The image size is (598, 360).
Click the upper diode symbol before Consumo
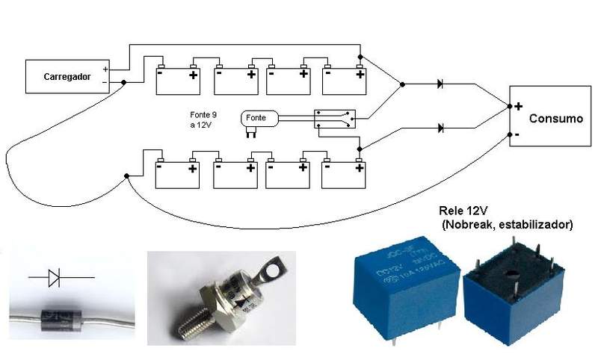click(x=440, y=84)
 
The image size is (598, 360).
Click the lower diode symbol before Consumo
click(x=440, y=128)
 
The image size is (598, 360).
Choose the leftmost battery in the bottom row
click(x=178, y=173)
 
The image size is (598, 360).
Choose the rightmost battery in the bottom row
click(x=345, y=173)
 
